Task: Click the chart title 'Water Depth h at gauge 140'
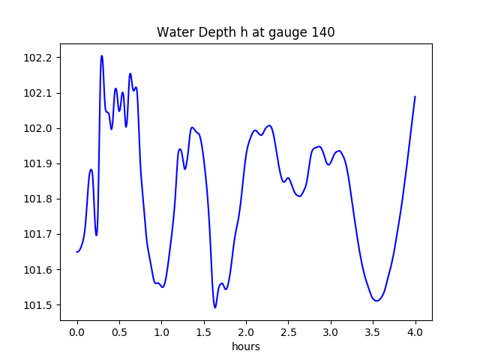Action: tap(245, 32)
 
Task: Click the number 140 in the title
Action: tap(323, 32)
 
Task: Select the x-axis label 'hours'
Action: tap(245, 347)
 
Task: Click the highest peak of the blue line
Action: tap(101, 55)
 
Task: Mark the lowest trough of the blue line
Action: tap(215, 307)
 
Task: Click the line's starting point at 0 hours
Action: tap(77, 251)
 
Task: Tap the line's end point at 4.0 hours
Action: tap(415, 96)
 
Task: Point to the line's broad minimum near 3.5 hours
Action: tap(376, 301)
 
